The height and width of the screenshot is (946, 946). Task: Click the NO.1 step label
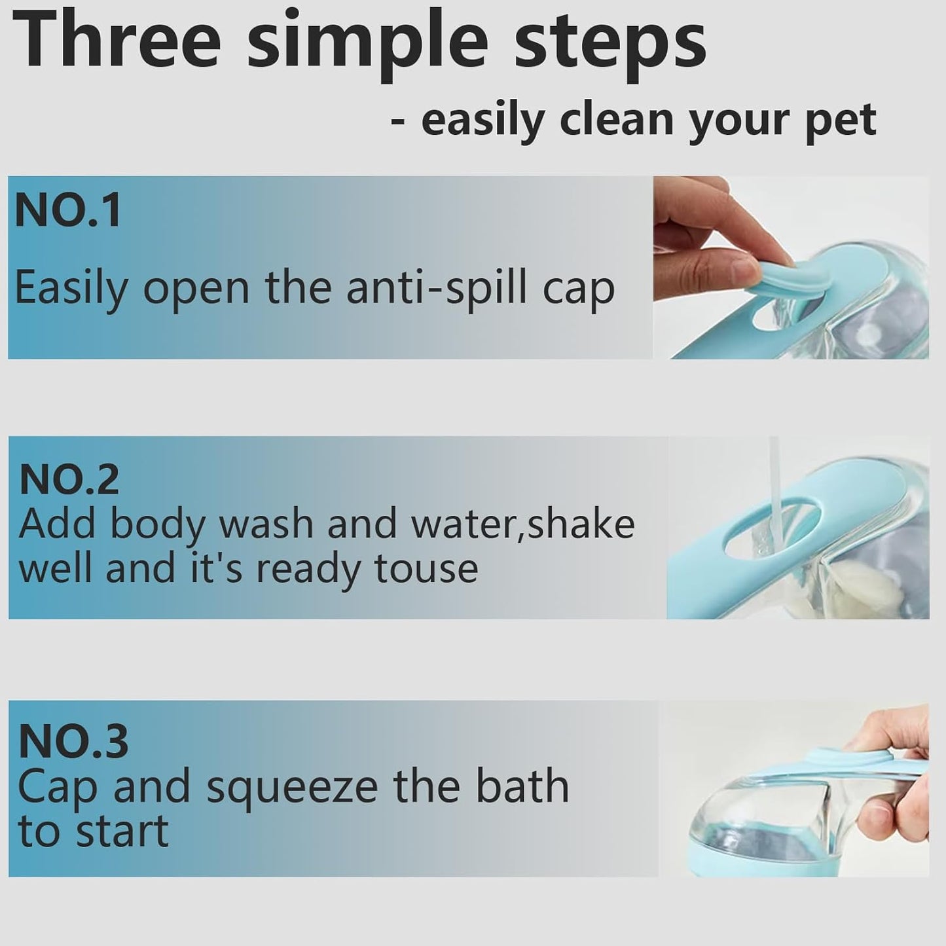(x=68, y=211)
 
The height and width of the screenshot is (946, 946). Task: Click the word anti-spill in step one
(x=436, y=288)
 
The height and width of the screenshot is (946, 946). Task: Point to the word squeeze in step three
(x=292, y=788)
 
